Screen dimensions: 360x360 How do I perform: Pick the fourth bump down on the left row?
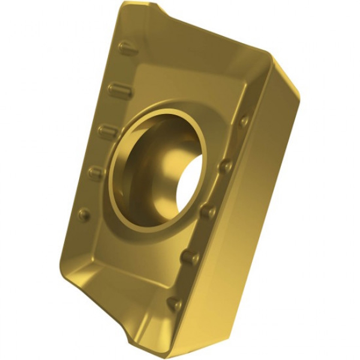pyautogui.click(x=97, y=173)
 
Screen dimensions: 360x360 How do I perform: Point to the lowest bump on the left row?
pyautogui.click(x=84, y=214)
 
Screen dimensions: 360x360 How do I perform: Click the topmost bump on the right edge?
pyautogui.click(x=245, y=121)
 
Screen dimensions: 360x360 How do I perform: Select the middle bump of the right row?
pyautogui.click(x=208, y=211)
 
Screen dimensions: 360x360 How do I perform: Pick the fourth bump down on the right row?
pyautogui.click(x=190, y=257)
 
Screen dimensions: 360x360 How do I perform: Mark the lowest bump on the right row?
pyautogui.click(x=175, y=304)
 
